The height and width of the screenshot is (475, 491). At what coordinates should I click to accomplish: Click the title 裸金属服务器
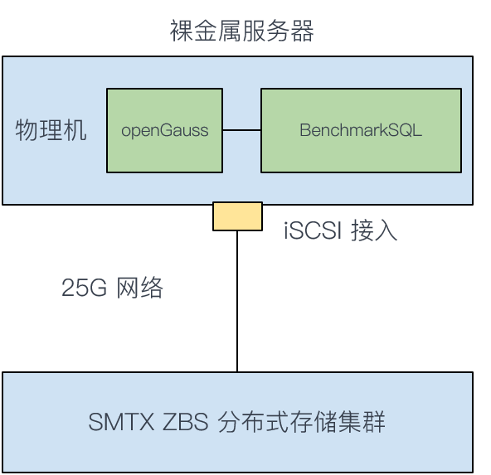click(x=241, y=31)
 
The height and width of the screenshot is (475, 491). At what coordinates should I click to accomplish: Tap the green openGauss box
click(x=165, y=130)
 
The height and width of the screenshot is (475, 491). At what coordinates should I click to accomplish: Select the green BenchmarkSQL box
click(x=361, y=130)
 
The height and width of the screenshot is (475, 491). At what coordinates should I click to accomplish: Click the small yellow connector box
click(x=237, y=216)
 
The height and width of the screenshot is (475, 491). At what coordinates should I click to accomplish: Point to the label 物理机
click(x=51, y=130)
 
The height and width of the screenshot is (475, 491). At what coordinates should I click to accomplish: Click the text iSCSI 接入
click(x=340, y=230)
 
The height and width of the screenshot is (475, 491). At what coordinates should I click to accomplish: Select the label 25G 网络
click(x=112, y=288)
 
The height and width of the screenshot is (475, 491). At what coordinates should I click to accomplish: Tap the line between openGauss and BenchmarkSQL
click(x=241, y=130)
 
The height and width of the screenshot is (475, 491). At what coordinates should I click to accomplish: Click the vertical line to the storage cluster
click(x=237, y=302)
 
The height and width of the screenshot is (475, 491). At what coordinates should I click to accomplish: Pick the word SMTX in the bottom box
click(x=121, y=422)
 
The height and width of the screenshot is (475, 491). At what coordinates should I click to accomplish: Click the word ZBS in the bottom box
click(x=185, y=422)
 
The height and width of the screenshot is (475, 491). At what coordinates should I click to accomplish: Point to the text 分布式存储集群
click(x=301, y=422)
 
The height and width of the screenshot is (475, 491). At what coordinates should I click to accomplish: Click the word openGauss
click(x=165, y=130)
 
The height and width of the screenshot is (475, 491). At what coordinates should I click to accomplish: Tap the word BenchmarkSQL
click(x=361, y=130)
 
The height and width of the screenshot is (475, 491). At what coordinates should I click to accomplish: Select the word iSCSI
click(x=312, y=230)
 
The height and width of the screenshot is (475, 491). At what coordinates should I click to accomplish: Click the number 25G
click(x=84, y=288)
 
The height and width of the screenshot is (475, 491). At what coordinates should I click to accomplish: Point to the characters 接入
click(x=374, y=230)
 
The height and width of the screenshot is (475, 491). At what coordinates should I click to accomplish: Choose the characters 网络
click(x=139, y=288)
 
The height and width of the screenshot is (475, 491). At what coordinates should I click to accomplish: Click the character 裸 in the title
click(x=182, y=31)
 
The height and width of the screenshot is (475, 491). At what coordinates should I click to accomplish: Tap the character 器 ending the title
click(x=302, y=31)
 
